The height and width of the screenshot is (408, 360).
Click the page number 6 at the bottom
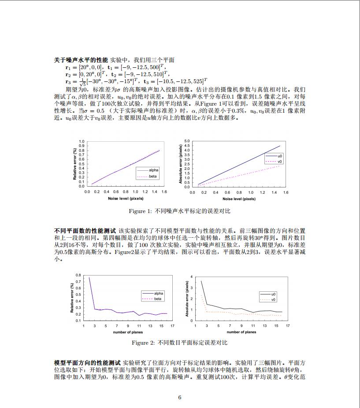(180, 397)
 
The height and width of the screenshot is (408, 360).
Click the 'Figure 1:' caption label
(140, 211)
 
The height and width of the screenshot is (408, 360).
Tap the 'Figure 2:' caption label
(143, 342)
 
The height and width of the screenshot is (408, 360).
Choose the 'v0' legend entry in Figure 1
(280, 162)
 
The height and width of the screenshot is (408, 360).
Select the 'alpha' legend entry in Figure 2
(158, 293)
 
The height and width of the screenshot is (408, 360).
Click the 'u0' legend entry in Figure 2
(273, 294)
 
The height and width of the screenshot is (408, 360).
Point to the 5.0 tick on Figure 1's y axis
(187, 141)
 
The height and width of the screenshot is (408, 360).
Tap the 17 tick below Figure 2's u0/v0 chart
(288, 326)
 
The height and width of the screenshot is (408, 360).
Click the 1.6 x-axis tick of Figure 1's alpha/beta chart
(164, 192)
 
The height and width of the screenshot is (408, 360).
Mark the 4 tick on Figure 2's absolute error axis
(191, 276)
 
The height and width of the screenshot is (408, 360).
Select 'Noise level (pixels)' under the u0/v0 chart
(239, 199)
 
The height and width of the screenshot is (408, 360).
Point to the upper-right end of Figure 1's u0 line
(280, 146)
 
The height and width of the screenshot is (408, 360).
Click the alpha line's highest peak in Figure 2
(89, 277)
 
